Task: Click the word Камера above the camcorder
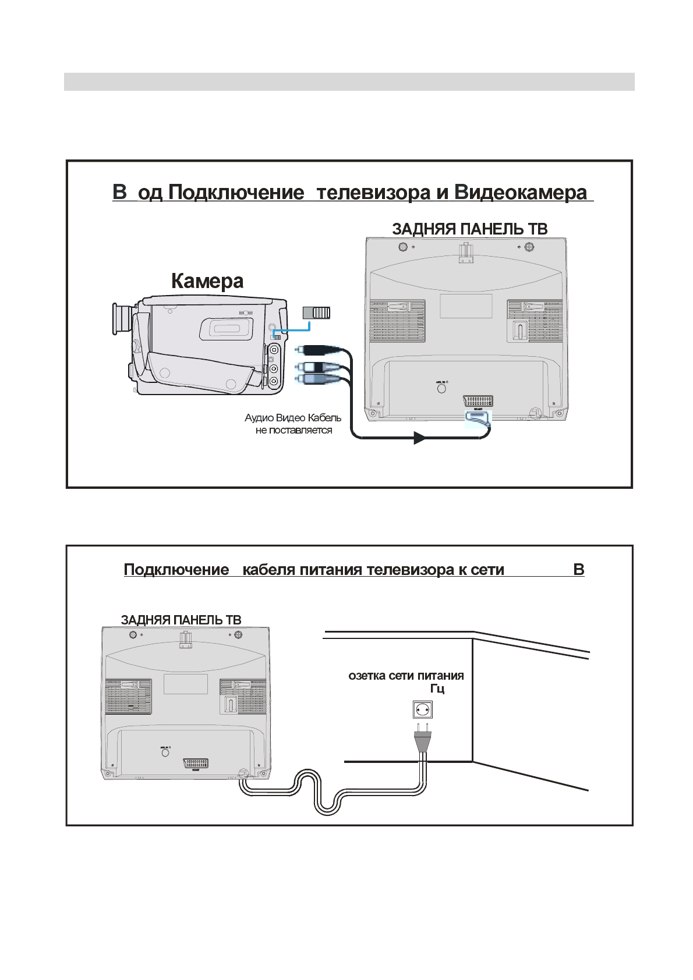[207, 281]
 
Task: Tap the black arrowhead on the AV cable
[420, 438]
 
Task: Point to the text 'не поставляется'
[294, 431]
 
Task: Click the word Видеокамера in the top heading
[521, 193]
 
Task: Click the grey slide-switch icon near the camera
[317, 313]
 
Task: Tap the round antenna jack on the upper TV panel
[441, 388]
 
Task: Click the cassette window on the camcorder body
[227, 329]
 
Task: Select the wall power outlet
[422, 710]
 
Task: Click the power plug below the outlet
[422, 738]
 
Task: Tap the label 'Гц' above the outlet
[437, 689]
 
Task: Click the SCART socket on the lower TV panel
[196, 763]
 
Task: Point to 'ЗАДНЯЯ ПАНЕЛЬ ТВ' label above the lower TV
[181, 620]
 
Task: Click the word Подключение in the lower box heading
[176, 570]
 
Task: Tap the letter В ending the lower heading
[578, 570]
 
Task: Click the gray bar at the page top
[349, 81]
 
